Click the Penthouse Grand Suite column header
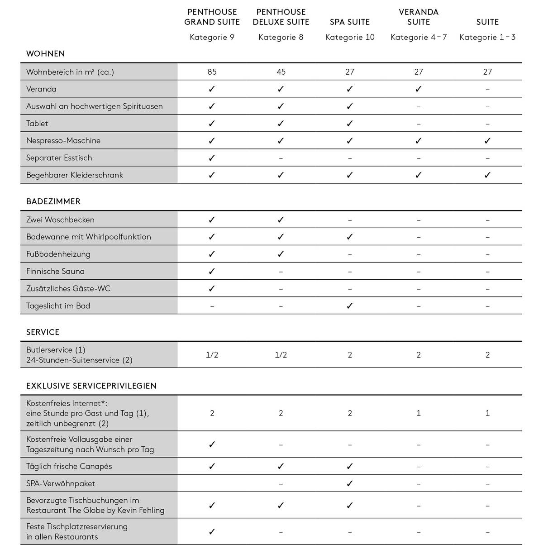coord(212,17)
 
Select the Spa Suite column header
coord(350,22)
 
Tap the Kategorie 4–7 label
coord(419,37)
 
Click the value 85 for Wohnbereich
coord(212,72)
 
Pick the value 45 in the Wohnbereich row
coord(281,72)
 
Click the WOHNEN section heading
coord(46,53)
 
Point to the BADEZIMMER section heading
coord(53,201)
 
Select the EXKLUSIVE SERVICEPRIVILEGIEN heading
coord(91,386)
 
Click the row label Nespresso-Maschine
coord(63,140)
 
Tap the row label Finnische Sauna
coord(55,271)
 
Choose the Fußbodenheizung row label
coord(58,254)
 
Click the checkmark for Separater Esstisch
coord(212,158)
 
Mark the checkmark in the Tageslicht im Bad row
coord(350,306)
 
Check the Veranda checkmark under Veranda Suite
coord(419,89)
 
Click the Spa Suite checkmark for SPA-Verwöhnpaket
coord(350,483)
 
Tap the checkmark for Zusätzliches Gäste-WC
coord(212,289)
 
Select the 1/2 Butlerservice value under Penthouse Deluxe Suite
coord(281,355)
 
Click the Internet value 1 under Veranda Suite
coord(419,413)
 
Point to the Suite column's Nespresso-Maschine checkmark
coord(487,141)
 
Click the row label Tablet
coord(37,123)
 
